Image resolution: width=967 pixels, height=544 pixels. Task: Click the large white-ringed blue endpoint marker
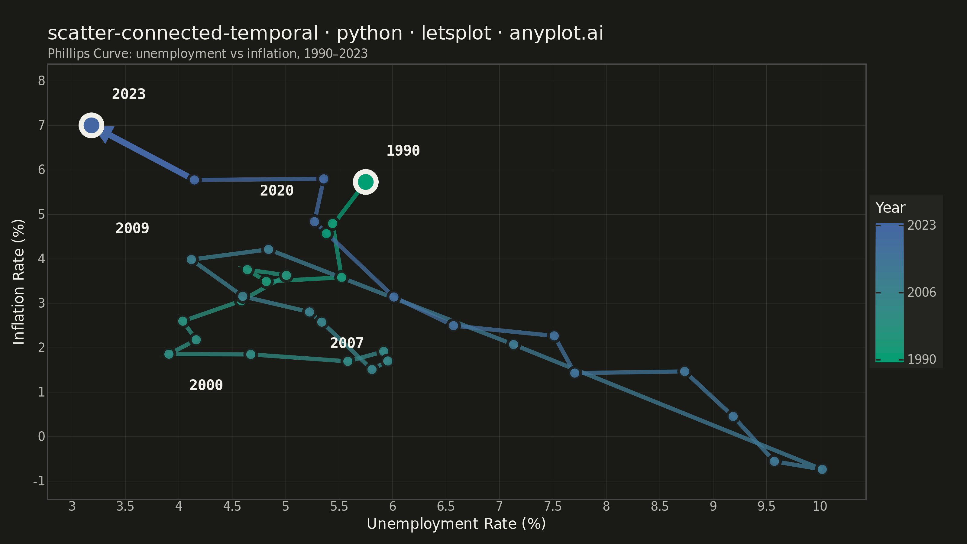click(91, 125)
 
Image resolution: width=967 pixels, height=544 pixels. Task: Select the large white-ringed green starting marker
click(365, 182)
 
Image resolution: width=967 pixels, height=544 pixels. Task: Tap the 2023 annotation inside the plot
click(129, 94)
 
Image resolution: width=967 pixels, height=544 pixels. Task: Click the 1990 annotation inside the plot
click(403, 151)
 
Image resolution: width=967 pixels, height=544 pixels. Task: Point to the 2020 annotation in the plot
click(277, 191)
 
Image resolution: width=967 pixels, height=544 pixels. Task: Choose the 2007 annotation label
click(347, 343)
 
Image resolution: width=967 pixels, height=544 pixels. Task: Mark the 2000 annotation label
click(206, 385)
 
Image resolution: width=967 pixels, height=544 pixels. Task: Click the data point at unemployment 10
click(822, 469)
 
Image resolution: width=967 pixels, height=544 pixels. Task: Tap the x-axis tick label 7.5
click(553, 507)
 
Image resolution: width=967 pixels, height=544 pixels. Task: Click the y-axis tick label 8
click(41, 80)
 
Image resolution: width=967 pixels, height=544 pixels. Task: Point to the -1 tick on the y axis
click(39, 481)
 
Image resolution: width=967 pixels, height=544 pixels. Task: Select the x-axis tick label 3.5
click(125, 507)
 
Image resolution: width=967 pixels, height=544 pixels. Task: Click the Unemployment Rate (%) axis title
click(456, 524)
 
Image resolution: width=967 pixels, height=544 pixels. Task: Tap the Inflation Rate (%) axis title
click(18, 282)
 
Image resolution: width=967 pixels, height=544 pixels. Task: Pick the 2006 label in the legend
click(922, 293)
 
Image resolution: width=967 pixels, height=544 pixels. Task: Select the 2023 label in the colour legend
click(922, 225)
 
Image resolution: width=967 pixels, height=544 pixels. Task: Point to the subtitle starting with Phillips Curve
click(208, 54)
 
